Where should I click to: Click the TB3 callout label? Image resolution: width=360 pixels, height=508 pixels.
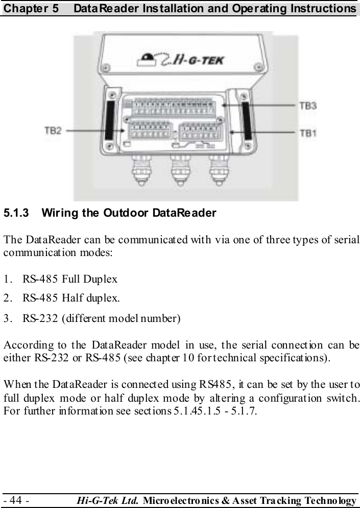tap(307, 106)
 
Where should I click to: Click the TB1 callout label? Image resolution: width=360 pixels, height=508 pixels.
tap(307, 133)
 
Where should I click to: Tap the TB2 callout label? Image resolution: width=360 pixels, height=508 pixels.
tap(53, 130)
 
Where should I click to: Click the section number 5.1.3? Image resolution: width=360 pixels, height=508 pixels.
tap(16, 213)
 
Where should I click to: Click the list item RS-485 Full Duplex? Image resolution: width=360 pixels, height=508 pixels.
tap(70, 279)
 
